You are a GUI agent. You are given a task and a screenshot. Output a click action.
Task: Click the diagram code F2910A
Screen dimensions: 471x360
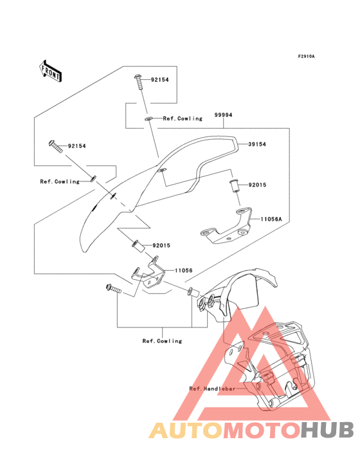point(305,57)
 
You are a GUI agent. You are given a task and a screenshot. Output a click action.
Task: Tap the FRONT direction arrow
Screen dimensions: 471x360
point(51,71)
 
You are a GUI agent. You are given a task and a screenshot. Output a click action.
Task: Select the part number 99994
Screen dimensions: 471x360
point(223,115)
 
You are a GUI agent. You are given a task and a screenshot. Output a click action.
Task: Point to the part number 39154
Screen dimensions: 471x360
point(257,145)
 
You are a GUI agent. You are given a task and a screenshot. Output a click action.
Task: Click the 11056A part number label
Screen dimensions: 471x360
point(271,219)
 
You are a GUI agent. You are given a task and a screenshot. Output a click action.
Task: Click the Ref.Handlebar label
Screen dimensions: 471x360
point(210,389)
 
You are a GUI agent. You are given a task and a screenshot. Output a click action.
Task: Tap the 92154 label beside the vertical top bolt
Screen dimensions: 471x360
point(160,81)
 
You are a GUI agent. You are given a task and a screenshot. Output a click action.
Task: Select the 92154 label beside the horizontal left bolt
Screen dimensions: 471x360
point(76,146)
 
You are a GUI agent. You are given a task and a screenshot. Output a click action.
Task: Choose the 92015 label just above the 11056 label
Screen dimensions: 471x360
point(161,245)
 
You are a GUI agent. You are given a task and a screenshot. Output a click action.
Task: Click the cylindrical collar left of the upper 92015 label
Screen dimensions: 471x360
point(235,187)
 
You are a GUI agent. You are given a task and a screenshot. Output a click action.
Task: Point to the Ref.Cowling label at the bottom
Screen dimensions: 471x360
point(162,341)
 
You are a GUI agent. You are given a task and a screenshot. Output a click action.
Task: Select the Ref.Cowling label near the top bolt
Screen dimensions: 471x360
point(183,118)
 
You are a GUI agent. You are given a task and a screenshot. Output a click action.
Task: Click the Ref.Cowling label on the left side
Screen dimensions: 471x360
point(59,181)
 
